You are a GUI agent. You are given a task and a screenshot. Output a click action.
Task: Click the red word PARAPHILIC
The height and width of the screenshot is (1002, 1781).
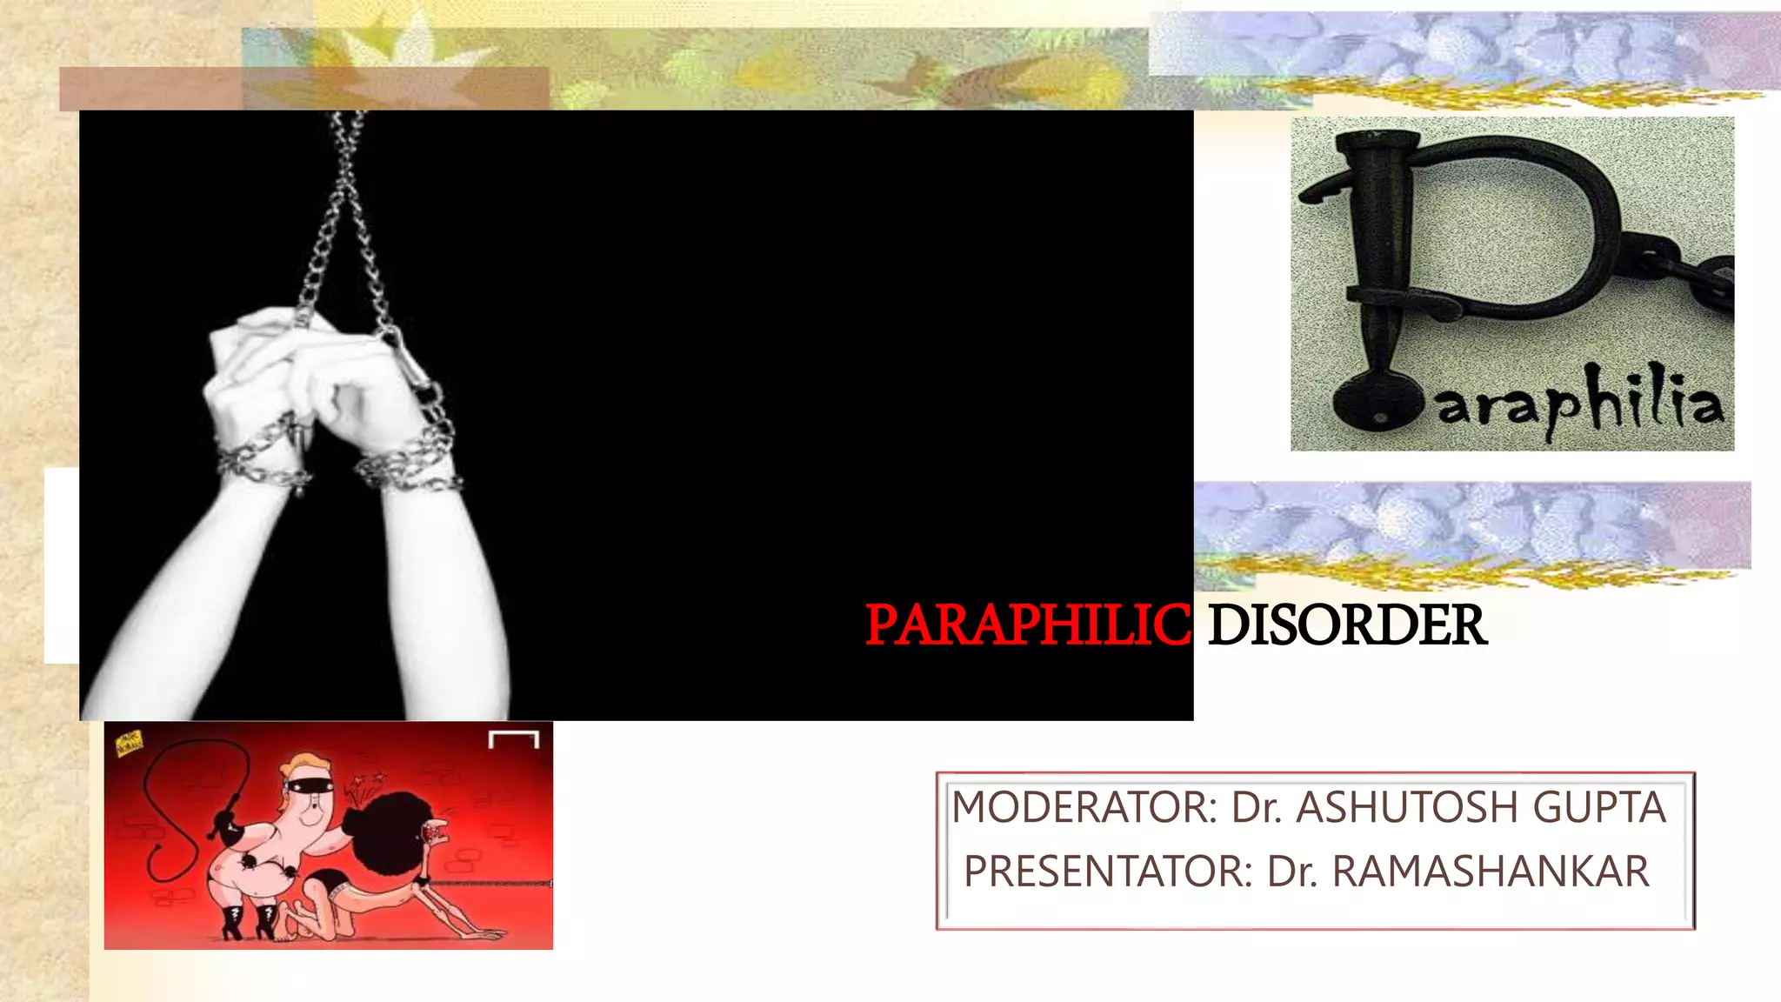[1027, 625]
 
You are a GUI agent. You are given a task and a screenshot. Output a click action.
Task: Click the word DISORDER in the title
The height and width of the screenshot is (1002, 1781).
[1347, 625]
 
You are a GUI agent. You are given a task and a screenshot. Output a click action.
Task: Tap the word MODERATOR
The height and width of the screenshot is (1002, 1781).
[1084, 807]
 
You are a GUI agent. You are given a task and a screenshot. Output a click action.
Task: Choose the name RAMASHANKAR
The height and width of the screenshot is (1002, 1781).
[1491, 872]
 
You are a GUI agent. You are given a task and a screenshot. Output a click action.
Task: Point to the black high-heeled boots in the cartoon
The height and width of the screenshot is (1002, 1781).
[252, 920]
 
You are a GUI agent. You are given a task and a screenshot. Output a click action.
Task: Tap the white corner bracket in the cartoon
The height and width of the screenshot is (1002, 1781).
[514, 739]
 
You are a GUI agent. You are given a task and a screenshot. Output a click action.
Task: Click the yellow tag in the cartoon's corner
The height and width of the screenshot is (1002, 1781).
[129, 742]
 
